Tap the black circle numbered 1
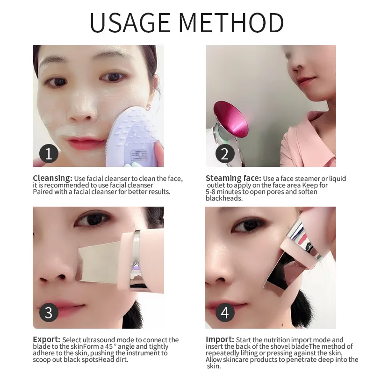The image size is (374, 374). pyautogui.click(x=49, y=153)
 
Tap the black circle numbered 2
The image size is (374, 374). pyautogui.click(x=224, y=153)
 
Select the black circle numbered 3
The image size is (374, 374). pyautogui.click(x=49, y=312)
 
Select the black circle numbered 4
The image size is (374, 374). pyautogui.click(x=224, y=312)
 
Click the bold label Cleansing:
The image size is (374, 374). pyautogui.click(x=52, y=178)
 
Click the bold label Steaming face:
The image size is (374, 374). pyautogui.click(x=233, y=178)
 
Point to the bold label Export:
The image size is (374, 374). pyautogui.click(x=46, y=339)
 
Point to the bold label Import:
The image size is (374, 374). pyautogui.click(x=220, y=339)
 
